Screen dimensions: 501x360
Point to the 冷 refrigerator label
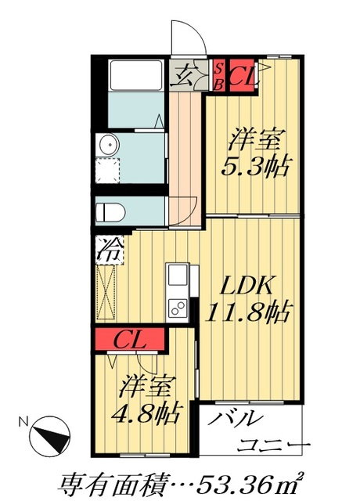[x=109, y=250]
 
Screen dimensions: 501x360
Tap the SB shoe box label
[x=219, y=76]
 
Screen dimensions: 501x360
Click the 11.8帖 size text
[x=250, y=313]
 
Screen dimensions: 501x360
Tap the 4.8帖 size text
[x=149, y=410]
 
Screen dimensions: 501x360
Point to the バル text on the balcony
[x=236, y=419]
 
